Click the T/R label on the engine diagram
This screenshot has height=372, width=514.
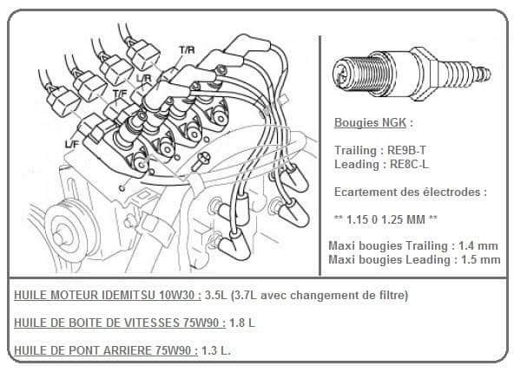pos(187,49)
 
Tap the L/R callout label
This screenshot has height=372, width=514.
pos(144,78)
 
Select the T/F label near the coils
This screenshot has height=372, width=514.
pos(120,94)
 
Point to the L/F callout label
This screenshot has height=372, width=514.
pos(72,144)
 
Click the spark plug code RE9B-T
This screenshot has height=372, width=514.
pos(407,150)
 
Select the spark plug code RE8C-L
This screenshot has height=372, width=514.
pos(409,164)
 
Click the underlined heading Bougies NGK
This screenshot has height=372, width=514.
pos(370,122)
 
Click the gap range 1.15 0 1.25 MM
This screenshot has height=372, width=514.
pos(385,219)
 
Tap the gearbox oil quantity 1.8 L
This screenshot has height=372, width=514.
pos(242,323)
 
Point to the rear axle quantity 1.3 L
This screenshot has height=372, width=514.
pos(215,350)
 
